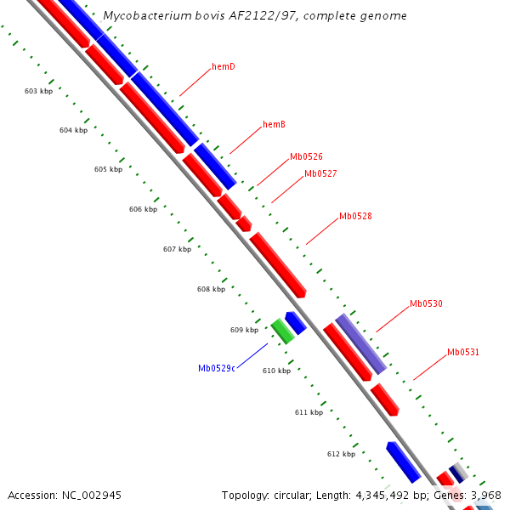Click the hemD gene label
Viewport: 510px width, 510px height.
[x=224, y=66]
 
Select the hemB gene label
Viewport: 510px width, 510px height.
[x=274, y=124]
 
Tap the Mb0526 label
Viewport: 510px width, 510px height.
[x=306, y=156]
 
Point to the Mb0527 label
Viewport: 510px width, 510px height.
[x=320, y=173]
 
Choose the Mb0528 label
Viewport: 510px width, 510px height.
[x=355, y=216]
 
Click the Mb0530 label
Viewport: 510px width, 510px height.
[x=426, y=303]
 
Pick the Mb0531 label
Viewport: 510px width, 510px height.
[x=463, y=352]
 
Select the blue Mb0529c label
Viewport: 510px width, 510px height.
[x=217, y=368]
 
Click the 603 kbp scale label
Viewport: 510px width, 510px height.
[x=38, y=91]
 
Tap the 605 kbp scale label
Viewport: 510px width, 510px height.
[x=108, y=169]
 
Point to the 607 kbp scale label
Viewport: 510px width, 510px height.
[x=177, y=249]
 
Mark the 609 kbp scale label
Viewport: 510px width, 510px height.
[x=244, y=330]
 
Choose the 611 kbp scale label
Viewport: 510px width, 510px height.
[x=309, y=412]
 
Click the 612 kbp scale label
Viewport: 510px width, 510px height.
[x=341, y=454]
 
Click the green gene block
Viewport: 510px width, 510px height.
[x=283, y=331]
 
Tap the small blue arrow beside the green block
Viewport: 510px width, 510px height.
[x=295, y=322]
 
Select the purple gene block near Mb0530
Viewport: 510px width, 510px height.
[x=361, y=343]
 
